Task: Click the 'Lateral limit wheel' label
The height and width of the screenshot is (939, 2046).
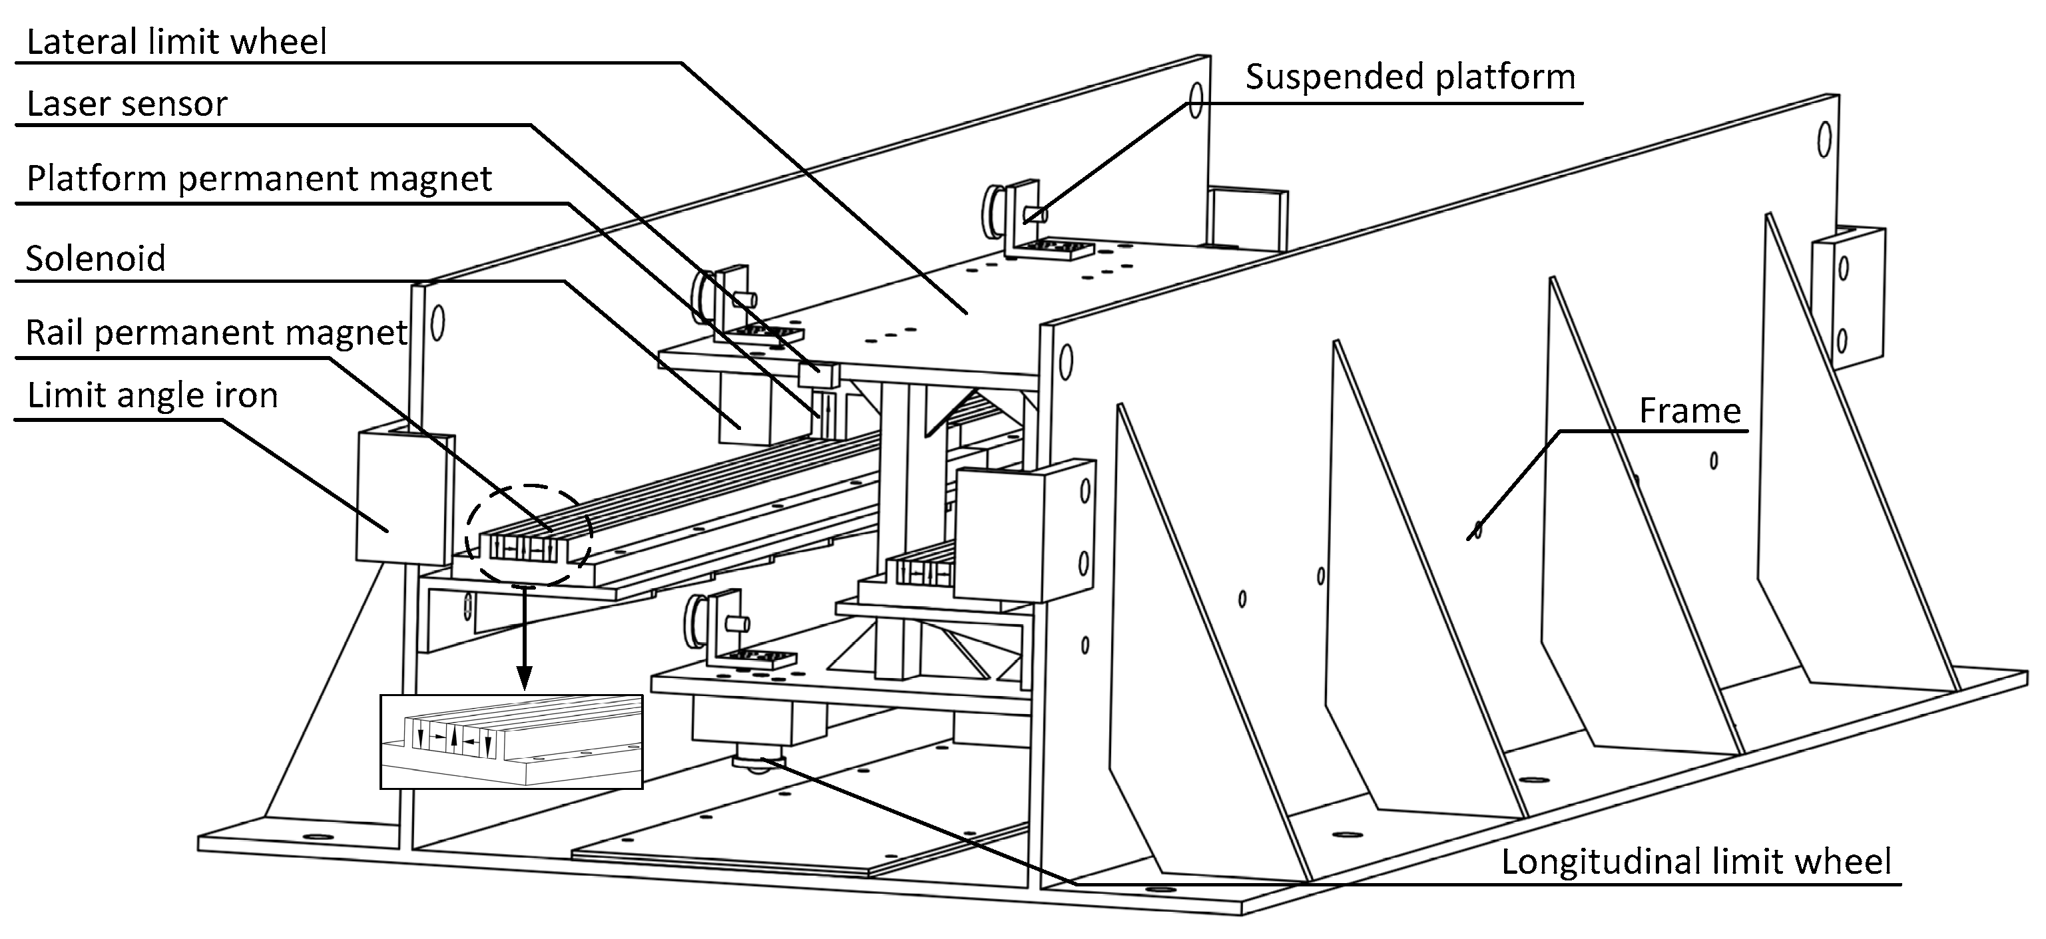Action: pos(176,41)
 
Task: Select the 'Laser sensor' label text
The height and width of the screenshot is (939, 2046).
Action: pos(127,104)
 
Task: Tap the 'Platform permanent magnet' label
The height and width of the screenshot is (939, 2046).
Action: pos(259,178)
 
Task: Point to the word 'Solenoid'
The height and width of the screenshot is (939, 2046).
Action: pos(95,259)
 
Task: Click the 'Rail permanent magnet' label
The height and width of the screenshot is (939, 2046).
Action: pos(216,333)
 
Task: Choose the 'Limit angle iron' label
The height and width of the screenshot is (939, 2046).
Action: pos(152,395)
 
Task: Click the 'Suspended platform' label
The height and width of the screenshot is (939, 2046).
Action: pos(1409,77)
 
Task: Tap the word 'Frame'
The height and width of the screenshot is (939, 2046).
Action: pos(1689,411)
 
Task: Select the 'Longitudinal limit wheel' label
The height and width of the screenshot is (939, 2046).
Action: pos(1696,862)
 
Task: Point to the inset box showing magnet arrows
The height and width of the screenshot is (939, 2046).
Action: pos(511,741)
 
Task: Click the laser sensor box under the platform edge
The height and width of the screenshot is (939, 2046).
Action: pos(818,375)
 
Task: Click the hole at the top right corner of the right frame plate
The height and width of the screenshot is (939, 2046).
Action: pos(1824,140)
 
